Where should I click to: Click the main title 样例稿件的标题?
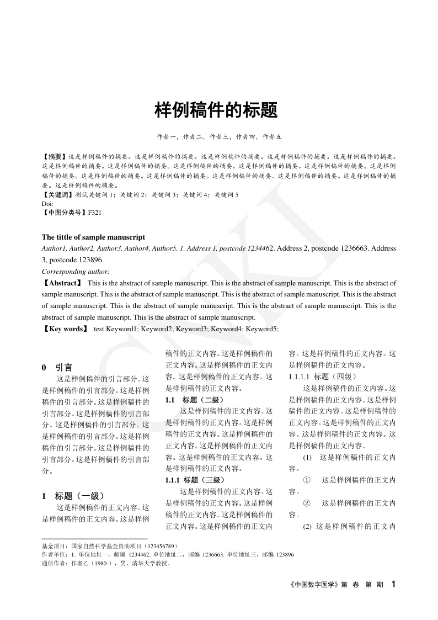(x=216, y=110)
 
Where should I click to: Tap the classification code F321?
(x=95, y=211)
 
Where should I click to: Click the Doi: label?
(x=47, y=203)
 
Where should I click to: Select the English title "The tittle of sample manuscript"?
(x=93, y=237)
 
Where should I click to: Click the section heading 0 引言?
(x=57, y=367)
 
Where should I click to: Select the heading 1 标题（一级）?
(x=73, y=496)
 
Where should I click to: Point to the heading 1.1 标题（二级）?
(x=195, y=400)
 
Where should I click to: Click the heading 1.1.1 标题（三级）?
(x=195, y=480)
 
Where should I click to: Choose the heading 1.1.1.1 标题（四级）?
(x=323, y=377)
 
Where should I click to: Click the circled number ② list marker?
(x=307, y=503)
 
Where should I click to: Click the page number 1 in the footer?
(x=393, y=584)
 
